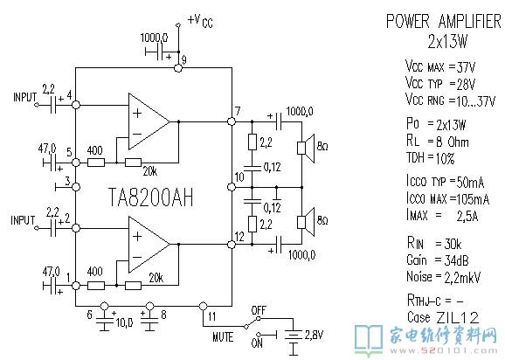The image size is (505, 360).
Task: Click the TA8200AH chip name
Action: tap(151, 197)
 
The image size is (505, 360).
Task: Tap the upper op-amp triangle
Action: tap(149, 121)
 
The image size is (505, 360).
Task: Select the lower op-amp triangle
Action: tap(149, 245)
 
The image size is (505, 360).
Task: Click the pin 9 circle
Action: tap(177, 68)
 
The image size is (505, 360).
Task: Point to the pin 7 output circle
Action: tap(232, 121)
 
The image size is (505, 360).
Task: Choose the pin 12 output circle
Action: tap(232, 245)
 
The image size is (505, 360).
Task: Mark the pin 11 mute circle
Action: tap(203, 306)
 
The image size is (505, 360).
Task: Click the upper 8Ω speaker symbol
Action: tap(305, 149)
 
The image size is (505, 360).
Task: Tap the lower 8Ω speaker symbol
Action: tap(305, 222)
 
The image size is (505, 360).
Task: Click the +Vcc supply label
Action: tap(200, 21)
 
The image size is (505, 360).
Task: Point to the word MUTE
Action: tap(223, 336)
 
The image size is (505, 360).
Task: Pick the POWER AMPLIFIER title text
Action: tap(444, 21)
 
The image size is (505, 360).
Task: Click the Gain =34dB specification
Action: tap(438, 260)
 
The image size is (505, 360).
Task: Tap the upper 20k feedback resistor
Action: tap(133, 163)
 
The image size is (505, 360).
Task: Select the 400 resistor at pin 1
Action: tap(96, 286)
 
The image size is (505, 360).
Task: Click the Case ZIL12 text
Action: tap(443, 317)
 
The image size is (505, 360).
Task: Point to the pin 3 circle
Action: tap(76, 187)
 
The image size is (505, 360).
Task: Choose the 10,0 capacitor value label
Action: tap(125, 322)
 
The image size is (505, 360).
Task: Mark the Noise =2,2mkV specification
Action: tap(444, 277)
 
